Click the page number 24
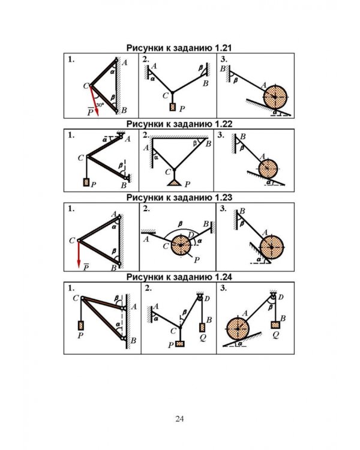(x=179, y=419)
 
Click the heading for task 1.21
(x=179, y=48)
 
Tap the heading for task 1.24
(x=179, y=277)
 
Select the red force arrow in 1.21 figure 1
(x=94, y=101)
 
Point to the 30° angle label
(x=100, y=105)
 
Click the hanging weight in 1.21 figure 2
(x=172, y=107)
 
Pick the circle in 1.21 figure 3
(x=275, y=97)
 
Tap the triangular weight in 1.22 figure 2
(x=174, y=182)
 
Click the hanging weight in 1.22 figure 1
(x=86, y=182)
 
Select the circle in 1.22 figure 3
(x=268, y=169)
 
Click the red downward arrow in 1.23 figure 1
(x=79, y=254)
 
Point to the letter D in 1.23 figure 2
(x=191, y=235)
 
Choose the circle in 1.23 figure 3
(x=272, y=247)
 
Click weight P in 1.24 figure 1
(x=80, y=325)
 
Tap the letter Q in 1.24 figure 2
(x=203, y=337)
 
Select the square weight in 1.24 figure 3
(x=275, y=325)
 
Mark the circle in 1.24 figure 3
(x=238, y=329)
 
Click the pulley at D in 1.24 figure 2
(x=200, y=298)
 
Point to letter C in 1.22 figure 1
(x=80, y=158)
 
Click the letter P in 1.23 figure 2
(x=197, y=260)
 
